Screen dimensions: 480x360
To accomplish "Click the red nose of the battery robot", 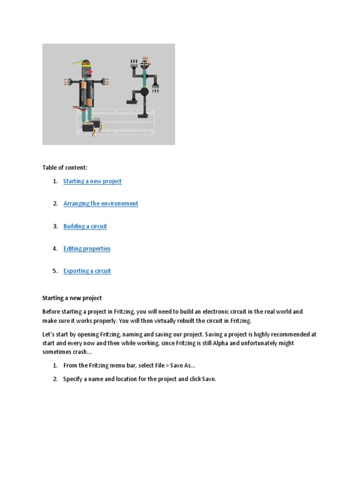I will pyautogui.click(x=90, y=72).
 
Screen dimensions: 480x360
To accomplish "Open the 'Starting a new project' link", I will pyautogui.click(x=92, y=181).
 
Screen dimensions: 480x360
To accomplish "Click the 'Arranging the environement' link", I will pyautogui.click(x=101, y=203).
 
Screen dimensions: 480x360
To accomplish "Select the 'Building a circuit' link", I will pyautogui.click(x=85, y=226).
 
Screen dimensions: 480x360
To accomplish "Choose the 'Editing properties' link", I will pyautogui.click(x=87, y=248).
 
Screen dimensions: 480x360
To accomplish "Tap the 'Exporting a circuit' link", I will pyautogui.click(x=87, y=271).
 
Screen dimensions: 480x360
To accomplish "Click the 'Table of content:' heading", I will pyautogui.click(x=65, y=167).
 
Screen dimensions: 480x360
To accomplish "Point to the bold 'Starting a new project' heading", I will pyautogui.click(x=72, y=298).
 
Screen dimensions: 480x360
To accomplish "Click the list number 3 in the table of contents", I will pyautogui.click(x=55, y=226).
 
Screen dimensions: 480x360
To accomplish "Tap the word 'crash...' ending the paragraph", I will pyautogui.click(x=80, y=352).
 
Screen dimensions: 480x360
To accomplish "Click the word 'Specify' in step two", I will pyautogui.click(x=73, y=379).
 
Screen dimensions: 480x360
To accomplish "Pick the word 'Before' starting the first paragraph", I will pyautogui.click(x=51, y=312).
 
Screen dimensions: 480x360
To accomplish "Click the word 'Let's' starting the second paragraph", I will pyautogui.click(x=49, y=335).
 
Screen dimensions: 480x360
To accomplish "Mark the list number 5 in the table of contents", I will pyautogui.click(x=55, y=271).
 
